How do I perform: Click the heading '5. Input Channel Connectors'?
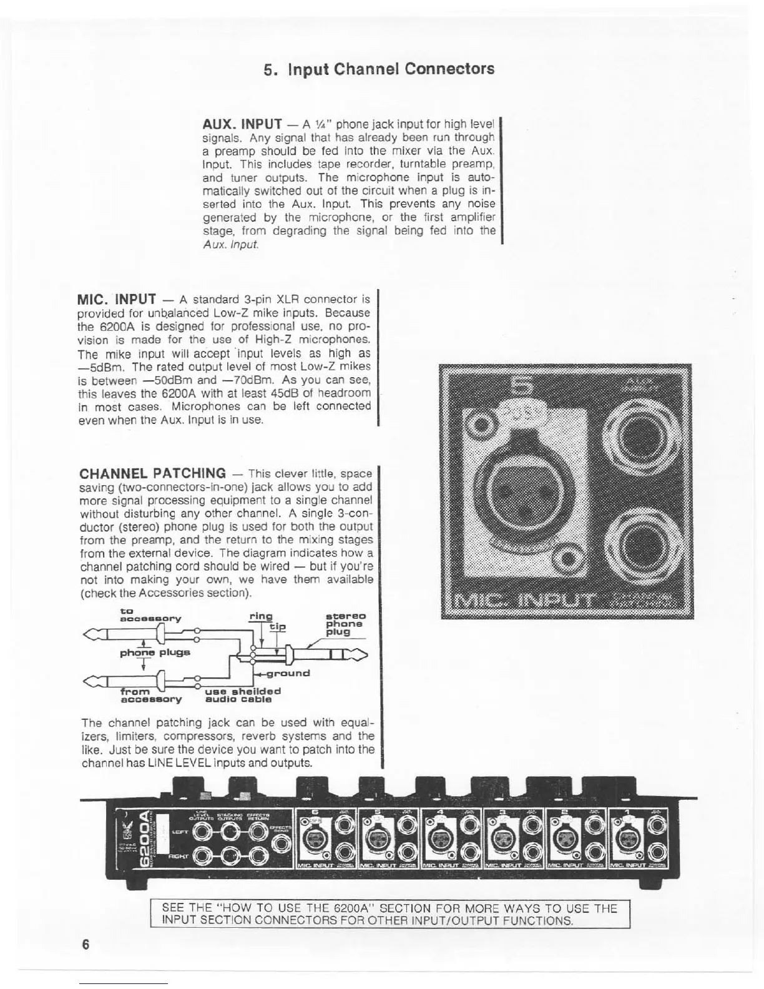[379, 69]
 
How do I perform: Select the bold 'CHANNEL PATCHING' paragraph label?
[153, 473]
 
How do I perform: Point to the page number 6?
[86, 944]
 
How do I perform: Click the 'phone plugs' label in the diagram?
[155, 652]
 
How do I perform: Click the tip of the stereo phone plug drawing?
[360, 655]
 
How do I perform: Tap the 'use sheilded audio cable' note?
[242, 695]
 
